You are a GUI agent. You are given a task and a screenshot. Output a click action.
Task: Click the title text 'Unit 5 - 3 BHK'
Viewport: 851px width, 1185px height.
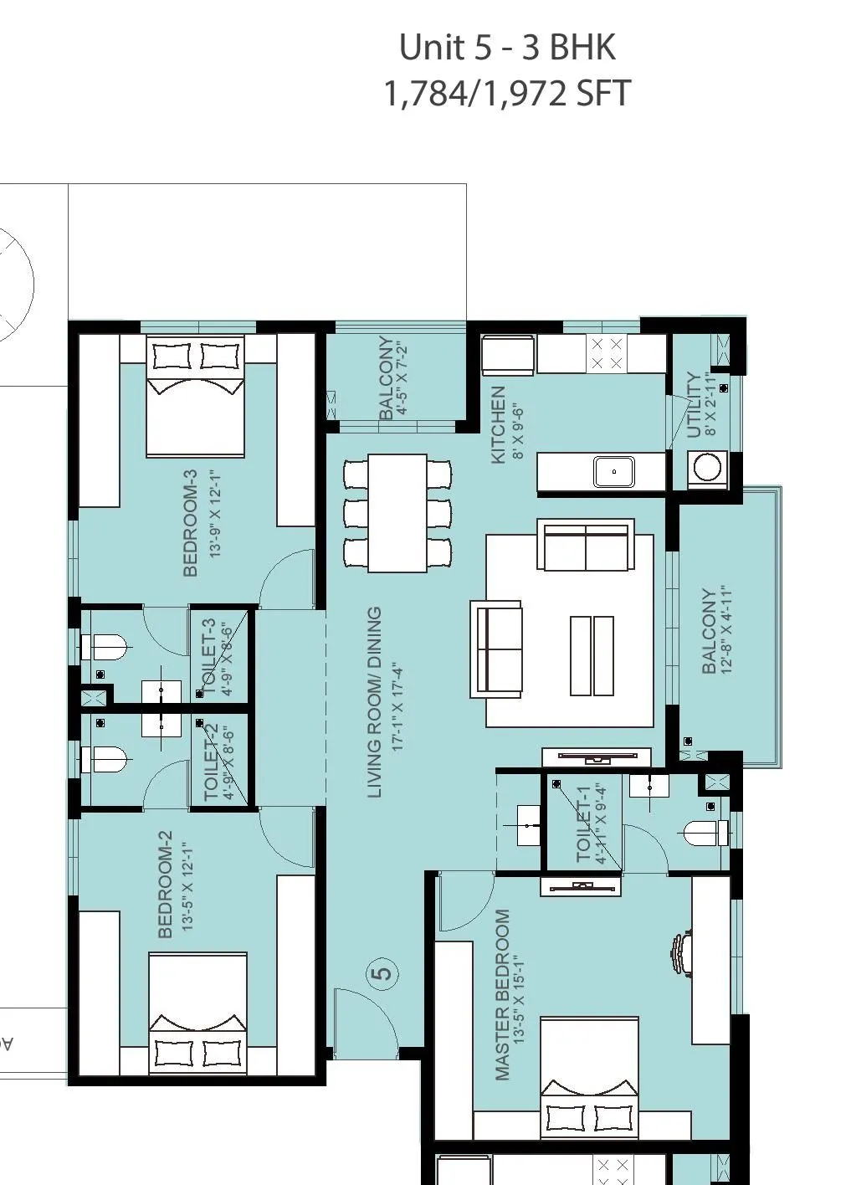[507, 48]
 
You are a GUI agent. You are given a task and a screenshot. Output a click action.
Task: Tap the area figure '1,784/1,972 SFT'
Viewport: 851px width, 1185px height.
[507, 94]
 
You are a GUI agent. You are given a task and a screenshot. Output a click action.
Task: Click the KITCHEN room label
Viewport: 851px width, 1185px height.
[498, 424]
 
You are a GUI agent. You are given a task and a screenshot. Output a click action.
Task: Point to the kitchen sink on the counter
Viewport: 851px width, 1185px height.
[614, 472]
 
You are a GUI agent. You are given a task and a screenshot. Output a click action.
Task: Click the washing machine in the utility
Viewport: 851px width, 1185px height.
[707, 467]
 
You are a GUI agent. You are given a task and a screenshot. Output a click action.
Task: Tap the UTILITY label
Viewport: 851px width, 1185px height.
[695, 405]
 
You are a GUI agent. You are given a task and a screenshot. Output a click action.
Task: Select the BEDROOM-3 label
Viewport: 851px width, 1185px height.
[190, 523]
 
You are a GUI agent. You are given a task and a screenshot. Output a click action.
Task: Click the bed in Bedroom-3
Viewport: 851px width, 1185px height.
[196, 396]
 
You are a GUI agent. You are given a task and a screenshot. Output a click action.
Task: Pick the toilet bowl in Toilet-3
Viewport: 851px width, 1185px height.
[105, 647]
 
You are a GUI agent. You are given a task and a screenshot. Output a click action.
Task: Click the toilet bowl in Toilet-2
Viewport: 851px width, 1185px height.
[105, 760]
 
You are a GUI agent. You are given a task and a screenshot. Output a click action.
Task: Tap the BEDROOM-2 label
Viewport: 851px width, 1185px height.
[165, 884]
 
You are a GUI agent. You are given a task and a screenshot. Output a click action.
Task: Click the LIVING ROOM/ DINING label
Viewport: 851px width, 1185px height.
[375, 702]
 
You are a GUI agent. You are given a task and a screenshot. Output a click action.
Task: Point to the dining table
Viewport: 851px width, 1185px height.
[397, 513]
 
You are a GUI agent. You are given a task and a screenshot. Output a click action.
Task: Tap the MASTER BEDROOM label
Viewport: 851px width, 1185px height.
[502, 995]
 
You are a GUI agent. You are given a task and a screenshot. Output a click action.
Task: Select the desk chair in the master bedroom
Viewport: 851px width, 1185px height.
[680, 954]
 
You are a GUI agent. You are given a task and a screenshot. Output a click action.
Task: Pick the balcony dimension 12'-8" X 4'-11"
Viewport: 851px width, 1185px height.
[725, 631]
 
